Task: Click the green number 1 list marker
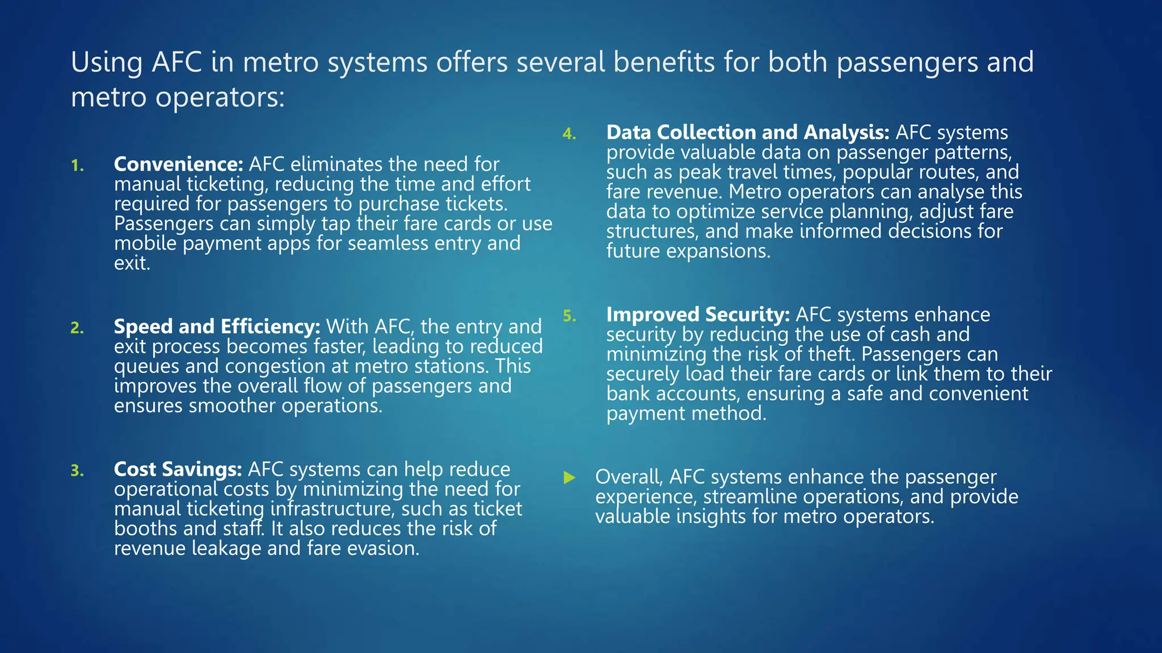(77, 166)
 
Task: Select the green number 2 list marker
(77, 328)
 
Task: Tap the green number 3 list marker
(77, 470)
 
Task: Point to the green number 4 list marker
(569, 134)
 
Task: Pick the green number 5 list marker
(569, 316)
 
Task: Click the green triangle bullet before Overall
(570, 478)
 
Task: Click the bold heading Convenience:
(178, 164)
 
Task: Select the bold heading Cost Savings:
(178, 469)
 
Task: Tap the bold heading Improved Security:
(697, 315)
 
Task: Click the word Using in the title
(107, 62)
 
